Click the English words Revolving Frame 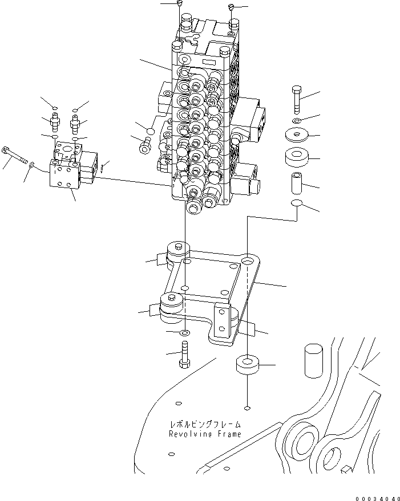click(204, 434)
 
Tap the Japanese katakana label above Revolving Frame click(204, 425)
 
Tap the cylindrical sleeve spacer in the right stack click(296, 182)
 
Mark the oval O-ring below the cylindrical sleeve click(296, 204)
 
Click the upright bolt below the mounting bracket click(184, 355)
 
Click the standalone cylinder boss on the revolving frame click(314, 360)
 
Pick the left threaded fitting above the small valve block click(55, 121)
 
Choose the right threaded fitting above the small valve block click(75, 121)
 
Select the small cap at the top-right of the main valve click(231, 6)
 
